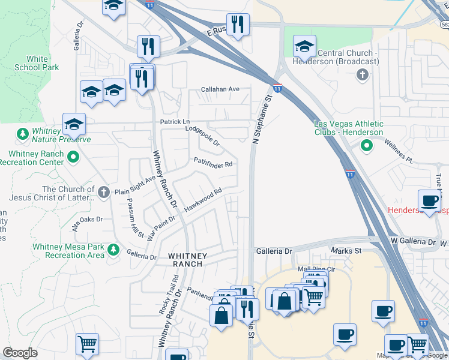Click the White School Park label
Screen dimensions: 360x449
coord(37,64)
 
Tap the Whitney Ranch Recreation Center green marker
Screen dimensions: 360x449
coord(73,158)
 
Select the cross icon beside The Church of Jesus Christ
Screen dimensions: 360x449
coord(103,193)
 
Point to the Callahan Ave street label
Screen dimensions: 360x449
coord(220,89)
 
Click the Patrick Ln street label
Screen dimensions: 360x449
coord(174,122)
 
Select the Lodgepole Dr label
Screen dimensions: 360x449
coord(203,136)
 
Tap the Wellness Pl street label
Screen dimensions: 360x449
coord(400,152)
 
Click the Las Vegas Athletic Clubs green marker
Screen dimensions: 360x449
coord(366,145)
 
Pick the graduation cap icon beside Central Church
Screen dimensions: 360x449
coord(304,45)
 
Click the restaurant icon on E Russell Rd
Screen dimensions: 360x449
coord(238,25)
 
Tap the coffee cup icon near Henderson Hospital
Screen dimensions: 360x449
coord(430,200)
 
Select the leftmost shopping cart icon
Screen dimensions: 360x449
coord(87,344)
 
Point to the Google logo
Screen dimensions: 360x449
coord(20,353)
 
